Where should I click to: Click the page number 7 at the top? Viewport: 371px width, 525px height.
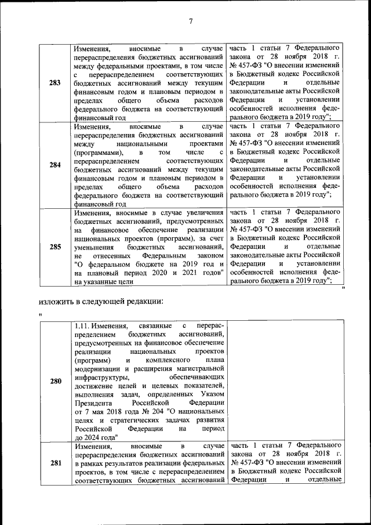pos(190,22)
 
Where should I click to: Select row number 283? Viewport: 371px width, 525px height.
pos(55,82)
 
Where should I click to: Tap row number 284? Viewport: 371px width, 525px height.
pos(55,165)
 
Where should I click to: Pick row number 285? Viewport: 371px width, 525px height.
pos(55,247)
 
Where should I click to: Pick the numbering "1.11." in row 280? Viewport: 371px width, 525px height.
pos(85,327)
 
